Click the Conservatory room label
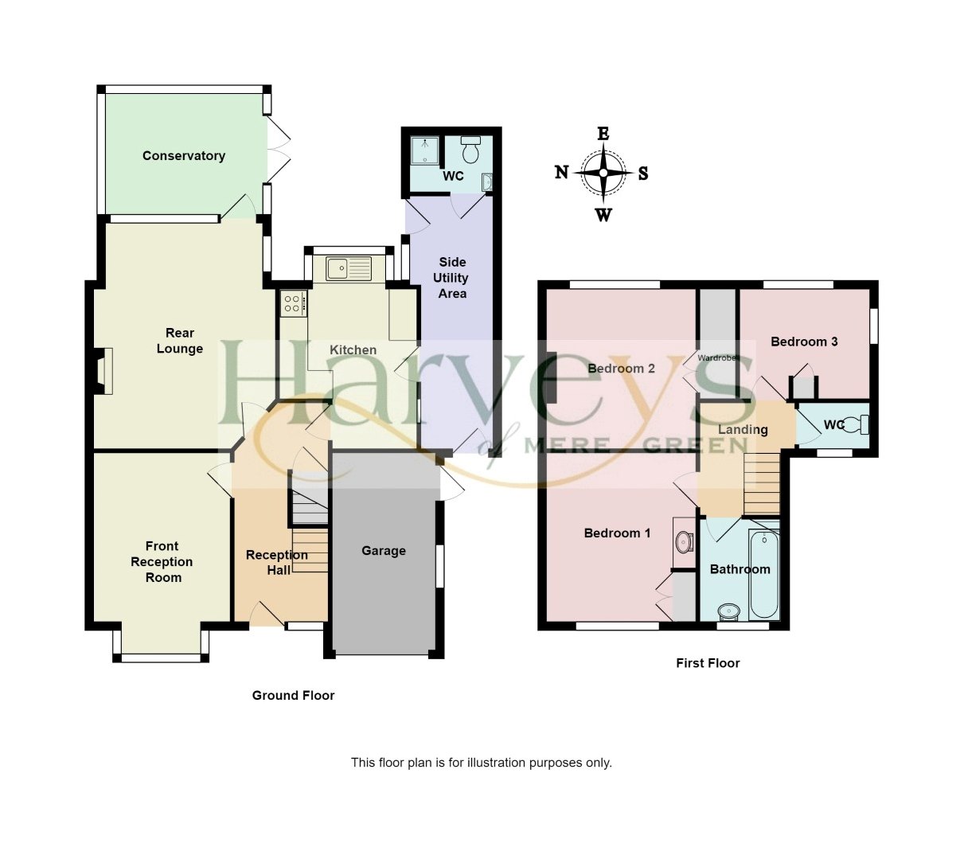point(183,156)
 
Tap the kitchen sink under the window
point(349,268)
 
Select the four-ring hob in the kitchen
point(292,303)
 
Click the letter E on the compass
point(603,134)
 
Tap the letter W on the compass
point(603,214)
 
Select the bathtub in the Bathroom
point(763,572)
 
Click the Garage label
point(384,551)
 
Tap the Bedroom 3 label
point(804,342)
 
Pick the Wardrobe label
point(719,358)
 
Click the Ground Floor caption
point(293,696)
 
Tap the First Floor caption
point(708,663)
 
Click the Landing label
point(743,430)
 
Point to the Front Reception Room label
point(162,562)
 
